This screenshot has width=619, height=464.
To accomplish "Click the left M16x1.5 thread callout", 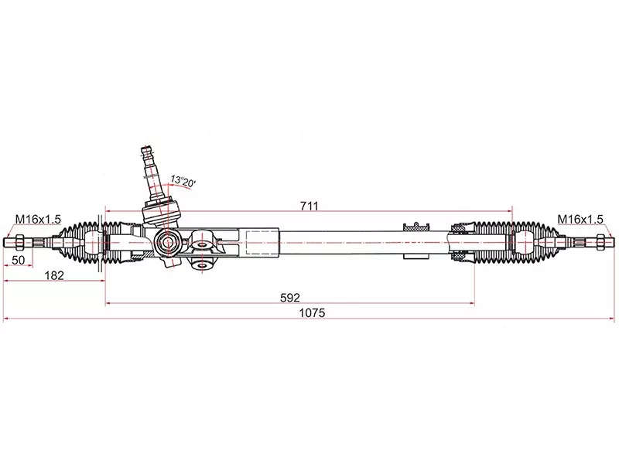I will [x=38, y=220].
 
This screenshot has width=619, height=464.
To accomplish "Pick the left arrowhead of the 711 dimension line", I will [x=108, y=210].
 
